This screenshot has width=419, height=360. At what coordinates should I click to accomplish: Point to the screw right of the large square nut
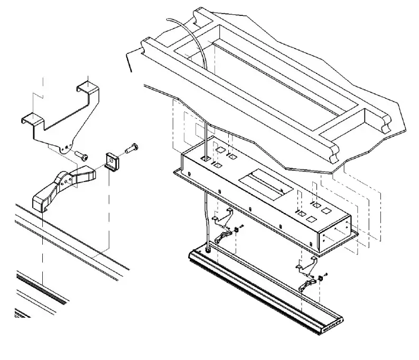(130, 149)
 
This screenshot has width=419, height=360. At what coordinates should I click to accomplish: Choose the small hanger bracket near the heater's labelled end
(306, 264)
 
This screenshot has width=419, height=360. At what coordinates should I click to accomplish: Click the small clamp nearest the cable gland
(225, 234)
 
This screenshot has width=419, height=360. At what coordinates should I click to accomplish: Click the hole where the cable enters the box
(206, 157)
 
